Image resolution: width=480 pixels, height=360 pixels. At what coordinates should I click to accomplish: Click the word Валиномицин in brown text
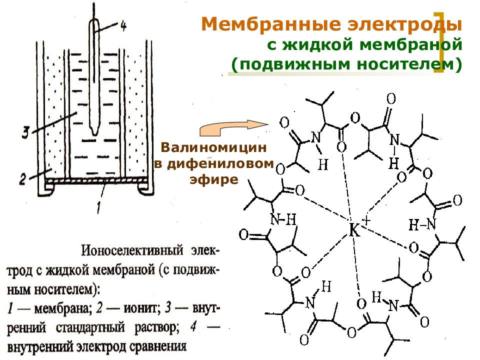[x=213, y=147]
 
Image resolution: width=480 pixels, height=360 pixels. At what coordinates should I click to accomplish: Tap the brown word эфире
[x=213, y=179]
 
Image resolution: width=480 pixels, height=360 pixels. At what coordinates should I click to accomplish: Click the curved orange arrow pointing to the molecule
[x=232, y=127]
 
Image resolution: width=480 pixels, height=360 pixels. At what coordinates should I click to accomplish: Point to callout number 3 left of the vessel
[x=25, y=133]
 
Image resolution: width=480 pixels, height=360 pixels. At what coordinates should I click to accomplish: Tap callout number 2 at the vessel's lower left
[x=22, y=179]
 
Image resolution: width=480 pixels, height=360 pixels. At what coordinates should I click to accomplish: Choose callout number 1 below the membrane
[x=98, y=207]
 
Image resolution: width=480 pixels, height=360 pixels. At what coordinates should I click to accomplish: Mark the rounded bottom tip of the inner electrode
[x=94, y=134]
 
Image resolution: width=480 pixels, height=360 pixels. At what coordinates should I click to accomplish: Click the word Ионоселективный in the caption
[x=132, y=250]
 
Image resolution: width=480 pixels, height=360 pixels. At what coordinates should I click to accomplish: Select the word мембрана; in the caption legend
[x=63, y=308]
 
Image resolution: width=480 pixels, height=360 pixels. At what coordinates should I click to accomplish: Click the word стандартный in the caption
[x=90, y=327]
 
